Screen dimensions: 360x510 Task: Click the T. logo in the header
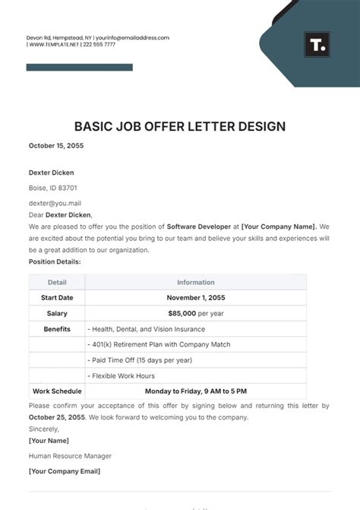point(317,45)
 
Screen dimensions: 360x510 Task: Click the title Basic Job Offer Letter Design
point(180,126)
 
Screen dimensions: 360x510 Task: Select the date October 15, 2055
point(56,145)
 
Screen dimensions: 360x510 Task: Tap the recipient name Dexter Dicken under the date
point(52,173)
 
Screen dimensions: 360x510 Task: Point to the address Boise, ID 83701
point(52,188)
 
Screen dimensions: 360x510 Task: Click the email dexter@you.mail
point(55,204)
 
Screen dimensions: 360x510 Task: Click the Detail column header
point(57,282)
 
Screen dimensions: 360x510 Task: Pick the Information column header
point(195,282)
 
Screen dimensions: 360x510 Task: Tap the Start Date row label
point(57,297)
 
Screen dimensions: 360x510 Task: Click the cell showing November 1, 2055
point(196,297)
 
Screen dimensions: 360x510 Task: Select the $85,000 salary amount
point(182,313)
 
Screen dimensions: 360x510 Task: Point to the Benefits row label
point(57,329)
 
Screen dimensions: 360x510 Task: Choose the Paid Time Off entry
point(141,360)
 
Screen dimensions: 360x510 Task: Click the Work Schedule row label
point(57,391)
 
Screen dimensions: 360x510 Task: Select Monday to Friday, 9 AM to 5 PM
point(196,391)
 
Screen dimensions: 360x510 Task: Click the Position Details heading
point(55,261)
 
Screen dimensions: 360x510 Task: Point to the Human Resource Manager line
point(70,456)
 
